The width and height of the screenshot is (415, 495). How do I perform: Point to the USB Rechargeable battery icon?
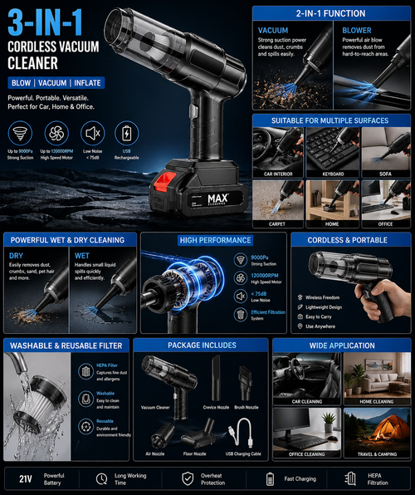[127, 134]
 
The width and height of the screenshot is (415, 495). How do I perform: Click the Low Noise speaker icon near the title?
[91, 134]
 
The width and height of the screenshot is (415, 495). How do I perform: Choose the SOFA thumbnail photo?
[386, 145]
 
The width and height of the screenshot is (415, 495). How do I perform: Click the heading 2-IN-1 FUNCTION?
[332, 15]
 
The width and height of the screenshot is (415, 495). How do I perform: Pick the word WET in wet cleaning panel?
[84, 256]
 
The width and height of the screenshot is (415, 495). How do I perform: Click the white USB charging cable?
[244, 433]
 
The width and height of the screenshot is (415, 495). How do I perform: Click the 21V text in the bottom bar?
[25, 479]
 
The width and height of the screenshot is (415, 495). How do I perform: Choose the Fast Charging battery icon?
[270, 479]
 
